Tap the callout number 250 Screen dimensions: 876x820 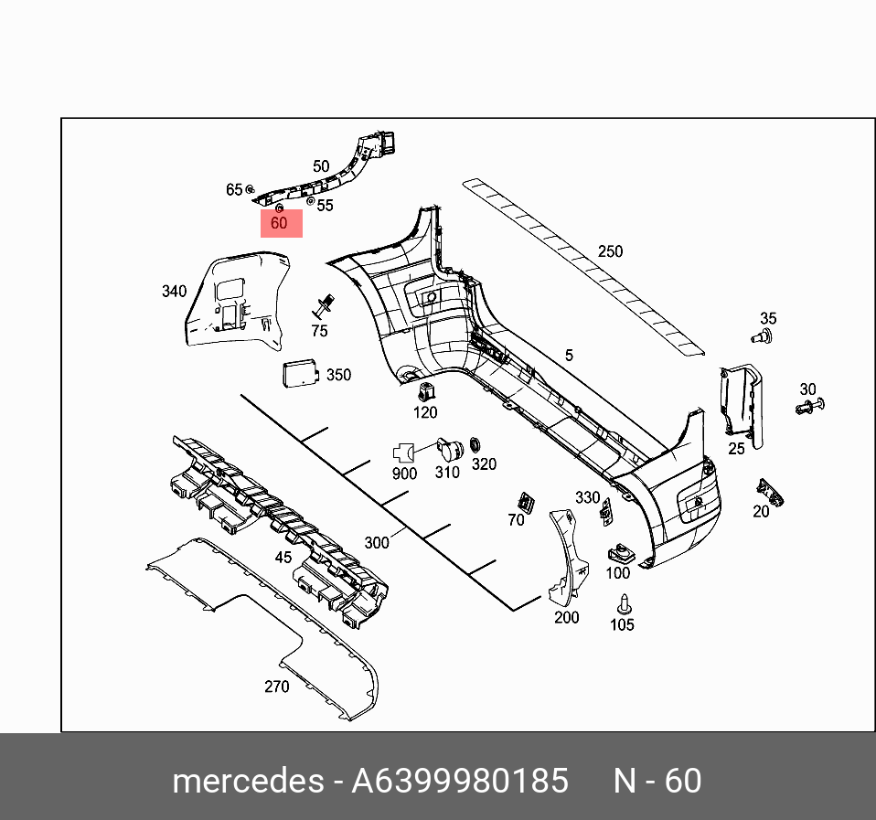pyautogui.click(x=610, y=251)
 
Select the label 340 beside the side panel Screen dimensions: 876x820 pyautogui.click(x=174, y=292)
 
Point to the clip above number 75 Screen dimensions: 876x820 pyautogui.click(x=322, y=305)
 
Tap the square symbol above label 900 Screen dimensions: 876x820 pyautogui.click(x=403, y=453)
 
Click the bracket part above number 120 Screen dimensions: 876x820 pyautogui.click(x=425, y=391)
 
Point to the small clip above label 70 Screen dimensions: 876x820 pyautogui.click(x=526, y=502)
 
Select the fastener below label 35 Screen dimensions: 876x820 pyautogui.click(x=761, y=337)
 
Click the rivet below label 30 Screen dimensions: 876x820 pyautogui.click(x=809, y=406)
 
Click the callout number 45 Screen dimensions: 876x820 pyautogui.click(x=283, y=557)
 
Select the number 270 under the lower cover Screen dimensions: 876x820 pyautogui.click(x=276, y=687)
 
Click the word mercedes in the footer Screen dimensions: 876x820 pyautogui.click(x=247, y=782)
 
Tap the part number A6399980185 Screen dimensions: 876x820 pyautogui.click(x=460, y=782)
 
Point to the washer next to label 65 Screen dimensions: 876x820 pyautogui.click(x=251, y=190)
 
